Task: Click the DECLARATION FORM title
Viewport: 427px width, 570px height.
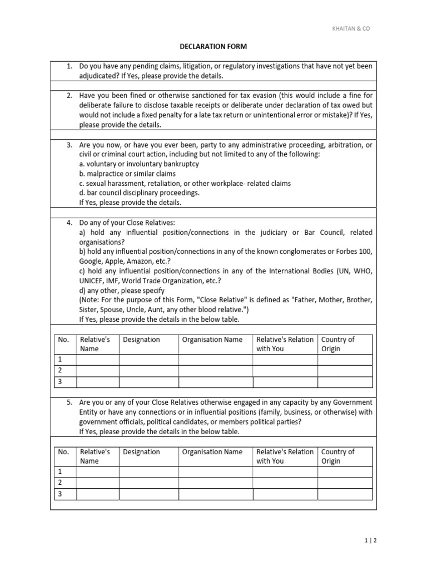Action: [213, 47]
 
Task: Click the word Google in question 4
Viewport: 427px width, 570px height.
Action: [91, 261]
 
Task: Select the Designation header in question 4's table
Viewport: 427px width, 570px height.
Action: [141, 340]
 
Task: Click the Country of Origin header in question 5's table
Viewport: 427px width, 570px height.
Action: [337, 456]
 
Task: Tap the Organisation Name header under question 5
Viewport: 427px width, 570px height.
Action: [212, 452]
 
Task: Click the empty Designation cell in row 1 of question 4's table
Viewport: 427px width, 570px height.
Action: [148, 360]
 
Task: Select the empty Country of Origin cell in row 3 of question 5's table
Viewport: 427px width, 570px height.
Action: [345, 494]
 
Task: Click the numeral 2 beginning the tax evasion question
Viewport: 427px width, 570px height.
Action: [69, 96]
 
